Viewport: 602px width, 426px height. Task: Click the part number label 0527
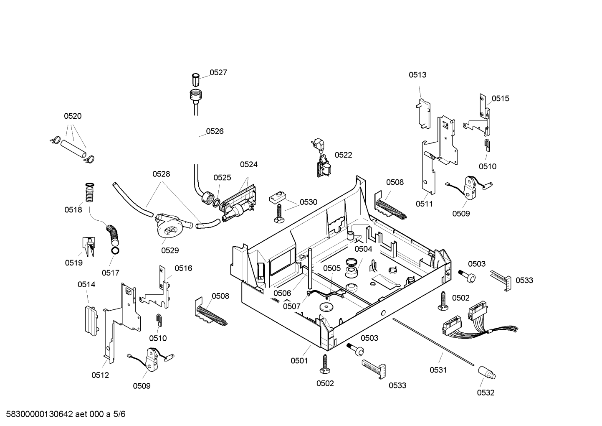pyautogui.click(x=218, y=72)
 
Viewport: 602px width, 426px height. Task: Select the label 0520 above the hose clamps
pyautogui.click(x=73, y=116)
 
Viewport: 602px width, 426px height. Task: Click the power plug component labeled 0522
pyautogui.click(x=321, y=158)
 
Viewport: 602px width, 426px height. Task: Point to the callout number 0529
pyautogui.click(x=170, y=250)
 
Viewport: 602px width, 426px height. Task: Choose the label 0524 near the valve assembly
pyautogui.click(x=248, y=164)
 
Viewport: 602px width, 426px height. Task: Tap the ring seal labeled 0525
pyautogui.click(x=216, y=203)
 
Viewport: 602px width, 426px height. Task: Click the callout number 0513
pyautogui.click(x=417, y=75)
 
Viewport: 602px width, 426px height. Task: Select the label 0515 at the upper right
pyautogui.click(x=501, y=99)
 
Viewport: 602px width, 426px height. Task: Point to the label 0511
pyautogui.click(x=424, y=204)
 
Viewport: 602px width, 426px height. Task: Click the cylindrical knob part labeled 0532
pyautogui.click(x=487, y=373)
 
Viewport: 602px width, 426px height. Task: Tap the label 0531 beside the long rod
pyautogui.click(x=438, y=370)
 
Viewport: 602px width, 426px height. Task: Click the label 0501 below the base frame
pyautogui.click(x=299, y=361)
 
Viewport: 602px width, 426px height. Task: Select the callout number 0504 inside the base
pyautogui.click(x=363, y=249)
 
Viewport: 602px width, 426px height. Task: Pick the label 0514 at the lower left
pyautogui.click(x=86, y=284)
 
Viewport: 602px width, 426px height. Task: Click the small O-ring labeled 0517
pyautogui.click(x=115, y=251)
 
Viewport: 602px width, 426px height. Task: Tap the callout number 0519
pyautogui.click(x=73, y=263)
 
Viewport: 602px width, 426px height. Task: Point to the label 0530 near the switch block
pyautogui.click(x=308, y=202)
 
